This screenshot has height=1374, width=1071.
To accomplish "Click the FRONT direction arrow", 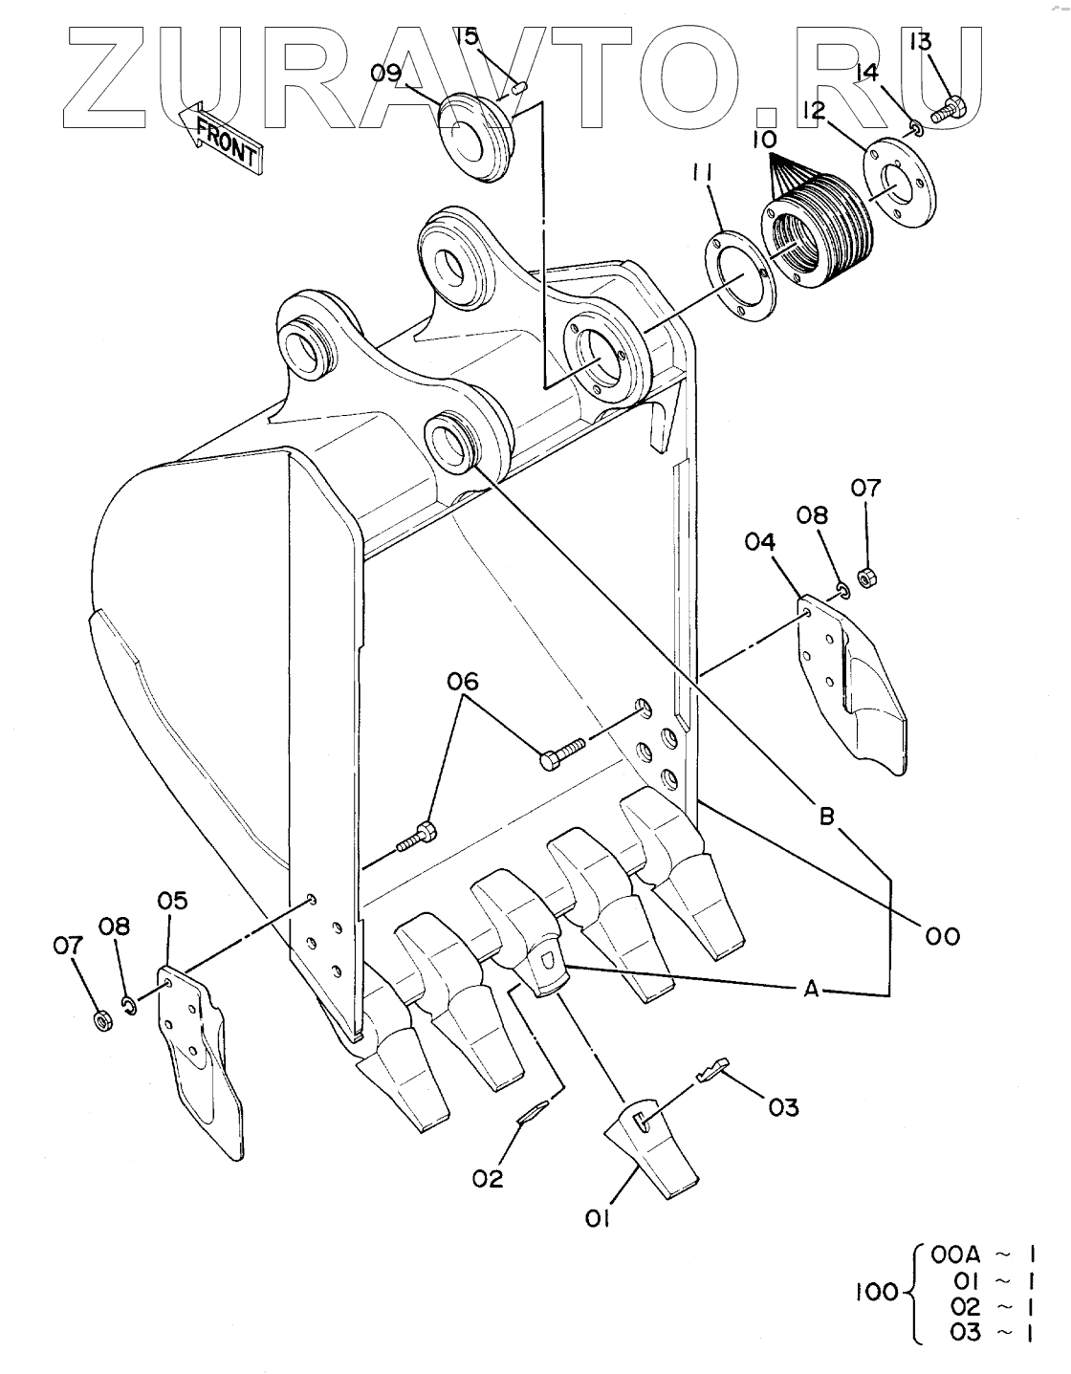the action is pyautogui.click(x=219, y=139).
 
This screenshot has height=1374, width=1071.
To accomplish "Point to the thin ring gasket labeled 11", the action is pyautogui.click(x=739, y=277).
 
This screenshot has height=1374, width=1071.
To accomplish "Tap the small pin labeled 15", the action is pyautogui.click(x=521, y=87).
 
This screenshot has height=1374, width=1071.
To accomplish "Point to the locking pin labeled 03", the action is pyautogui.click(x=712, y=1070).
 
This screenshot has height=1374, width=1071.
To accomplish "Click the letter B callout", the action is pyautogui.click(x=827, y=817).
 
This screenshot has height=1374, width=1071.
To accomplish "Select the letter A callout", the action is pyautogui.click(x=812, y=989).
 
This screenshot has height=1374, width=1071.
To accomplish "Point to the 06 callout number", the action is pyautogui.click(x=463, y=681).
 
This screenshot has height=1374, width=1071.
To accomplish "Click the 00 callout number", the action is pyautogui.click(x=943, y=936).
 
